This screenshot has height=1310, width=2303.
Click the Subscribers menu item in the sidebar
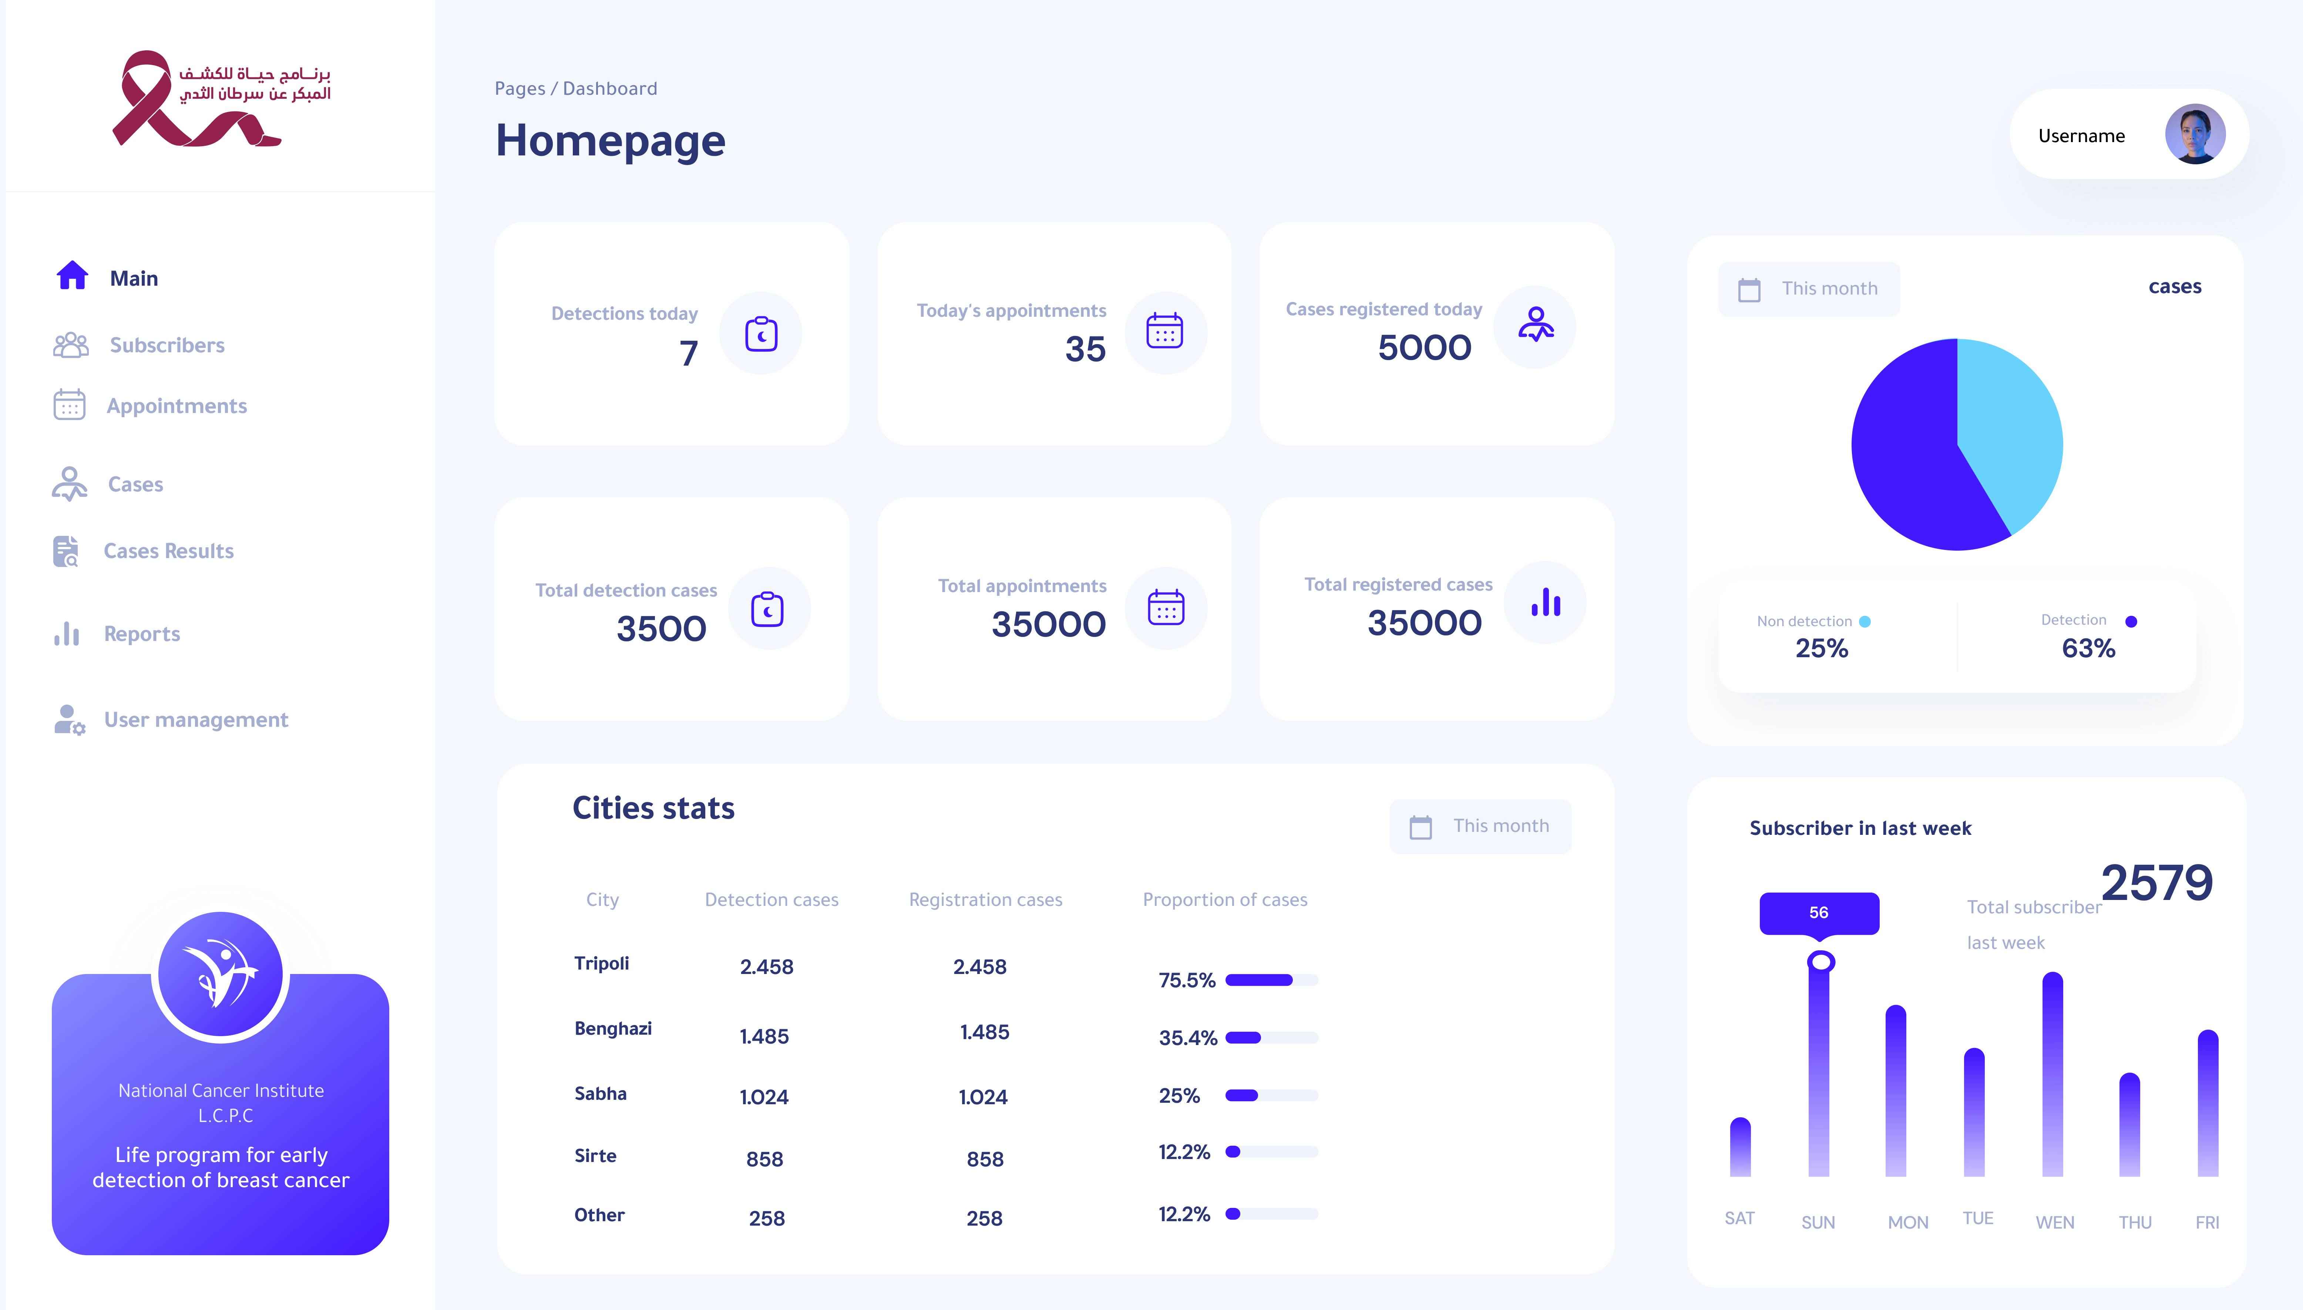(167, 346)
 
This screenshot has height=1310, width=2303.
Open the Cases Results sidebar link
(168, 551)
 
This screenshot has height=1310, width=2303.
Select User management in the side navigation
(195, 720)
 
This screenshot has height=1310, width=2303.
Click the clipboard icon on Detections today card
(761, 334)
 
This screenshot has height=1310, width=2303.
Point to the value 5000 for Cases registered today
(1424, 347)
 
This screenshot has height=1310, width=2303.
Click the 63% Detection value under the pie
(2088, 648)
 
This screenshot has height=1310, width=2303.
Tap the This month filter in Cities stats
(1481, 826)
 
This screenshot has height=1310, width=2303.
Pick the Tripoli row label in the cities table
(601, 964)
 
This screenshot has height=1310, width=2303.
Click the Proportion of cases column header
(1224, 900)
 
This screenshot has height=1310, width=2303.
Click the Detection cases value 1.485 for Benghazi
(764, 1037)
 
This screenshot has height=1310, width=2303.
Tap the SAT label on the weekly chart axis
(1739, 1218)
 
